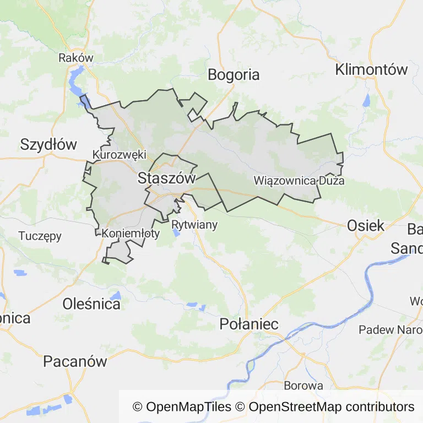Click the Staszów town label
(167, 178)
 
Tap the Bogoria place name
(234, 75)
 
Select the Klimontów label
(371, 69)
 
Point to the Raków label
(76, 57)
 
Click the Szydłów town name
(48, 144)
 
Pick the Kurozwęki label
(120, 155)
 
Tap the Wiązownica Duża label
(299, 181)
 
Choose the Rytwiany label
(194, 225)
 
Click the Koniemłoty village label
(131, 234)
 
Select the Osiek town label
(366, 225)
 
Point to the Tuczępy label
(40, 236)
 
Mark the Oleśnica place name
(91, 303)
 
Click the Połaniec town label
(249, 324)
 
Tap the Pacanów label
(75, 361)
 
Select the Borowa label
(303, 386)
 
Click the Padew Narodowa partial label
(391, 330)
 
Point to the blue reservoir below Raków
(76, 83)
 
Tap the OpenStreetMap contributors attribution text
(332, 407)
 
